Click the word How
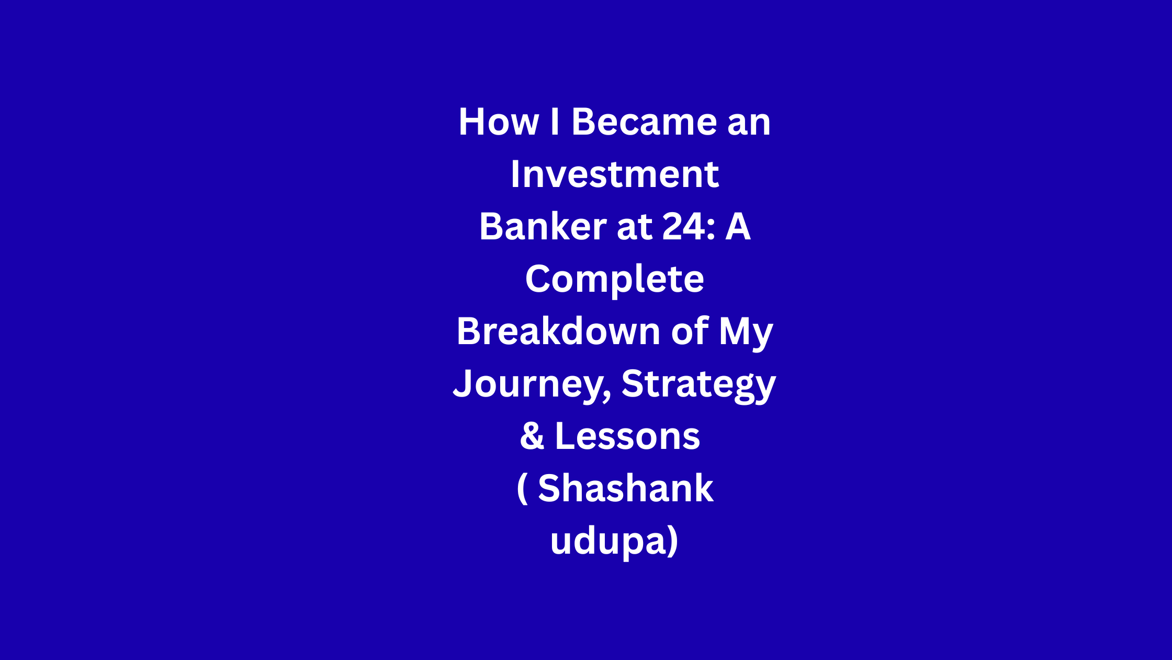pos(499,122)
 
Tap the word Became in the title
pos(644,122)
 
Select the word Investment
pos(615,174)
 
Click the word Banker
pos(543,226)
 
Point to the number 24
pos(683,226)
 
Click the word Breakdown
pos(559,331)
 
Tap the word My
pos(746,334)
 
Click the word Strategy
pos(698,387)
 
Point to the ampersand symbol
pos(532,436)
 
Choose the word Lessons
pos(627,436)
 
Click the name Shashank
pos(626,488)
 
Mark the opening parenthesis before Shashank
pos(522,489)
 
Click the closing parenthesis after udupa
pos(673,542)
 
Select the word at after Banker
pos(635,227)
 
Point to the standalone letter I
pos(555,122)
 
